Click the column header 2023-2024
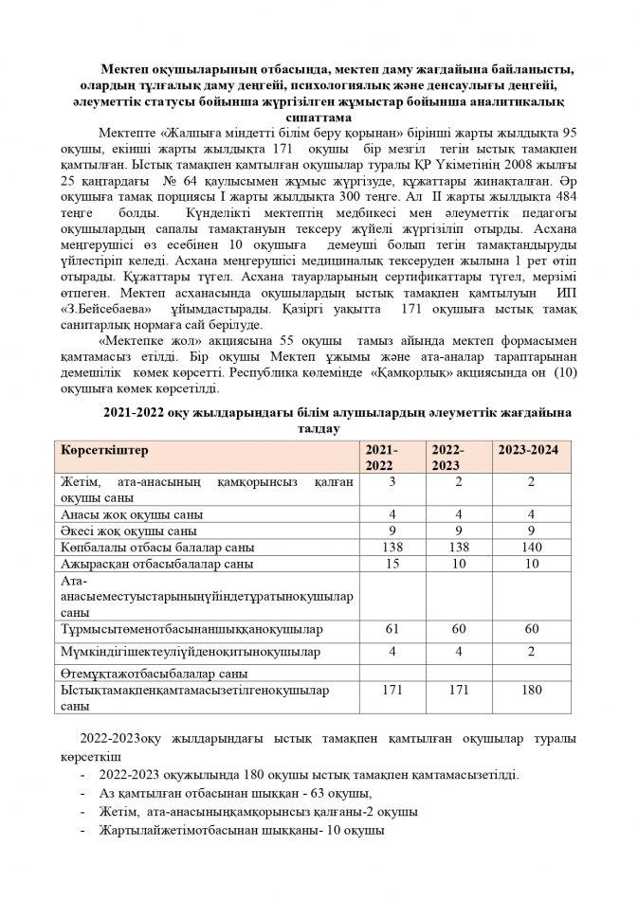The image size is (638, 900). pos(527,450)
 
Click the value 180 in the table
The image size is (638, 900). pos(533,691)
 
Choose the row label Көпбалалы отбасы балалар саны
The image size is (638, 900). pos(156,548)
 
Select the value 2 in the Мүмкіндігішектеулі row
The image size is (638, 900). pos(533,652)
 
